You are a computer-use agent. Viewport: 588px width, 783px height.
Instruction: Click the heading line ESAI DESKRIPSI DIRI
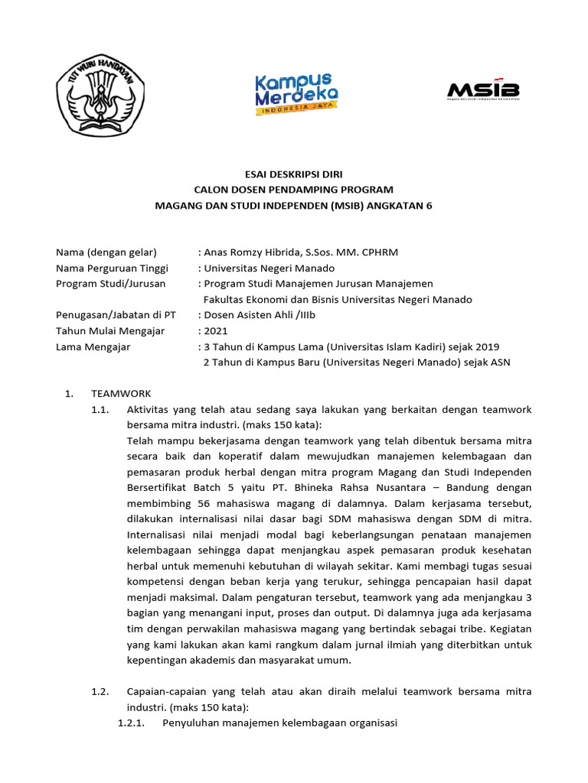click(294, 174)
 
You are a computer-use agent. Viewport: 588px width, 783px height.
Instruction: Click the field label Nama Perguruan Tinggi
click(112, 268)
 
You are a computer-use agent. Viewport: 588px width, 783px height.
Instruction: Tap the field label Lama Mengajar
click(93, 346)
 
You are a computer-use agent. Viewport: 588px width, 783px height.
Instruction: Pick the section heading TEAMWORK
click(121, 394)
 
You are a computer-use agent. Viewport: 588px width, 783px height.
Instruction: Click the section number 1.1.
click(100, 410)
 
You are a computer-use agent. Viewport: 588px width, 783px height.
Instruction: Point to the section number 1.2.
click(100, 691)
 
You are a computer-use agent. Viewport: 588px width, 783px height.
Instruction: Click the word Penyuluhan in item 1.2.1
click(191, 723)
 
